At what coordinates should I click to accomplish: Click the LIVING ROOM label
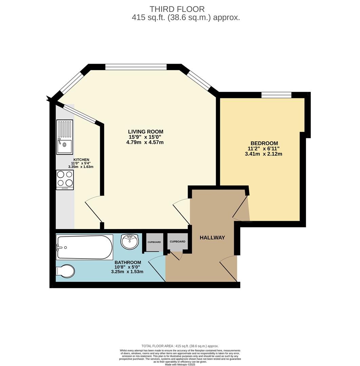coord(146,131)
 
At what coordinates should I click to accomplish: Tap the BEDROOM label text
coord(264,143)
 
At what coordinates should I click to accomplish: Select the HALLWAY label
coord(212,238)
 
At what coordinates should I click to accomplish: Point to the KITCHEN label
coord(81,160)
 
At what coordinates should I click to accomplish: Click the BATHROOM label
coord(128,262)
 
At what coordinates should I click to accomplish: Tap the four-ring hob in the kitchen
coord(65,180)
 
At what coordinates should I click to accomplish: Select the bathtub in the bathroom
coord(84,247)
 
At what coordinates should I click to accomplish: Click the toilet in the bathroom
coord(65,271)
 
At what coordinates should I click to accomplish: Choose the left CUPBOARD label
coord(154,242)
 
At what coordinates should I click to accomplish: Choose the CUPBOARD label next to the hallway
coord(177,242)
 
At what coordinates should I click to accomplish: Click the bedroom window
coord(276,95)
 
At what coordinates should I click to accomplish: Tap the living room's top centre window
coord(136,67)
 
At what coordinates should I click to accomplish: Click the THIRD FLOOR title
coord(177,9)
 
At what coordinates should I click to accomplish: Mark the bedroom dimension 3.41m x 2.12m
coord(263,154)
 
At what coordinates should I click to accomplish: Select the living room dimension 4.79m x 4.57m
coord(145,142)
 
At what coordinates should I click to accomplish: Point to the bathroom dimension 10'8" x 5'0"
coord(127,267)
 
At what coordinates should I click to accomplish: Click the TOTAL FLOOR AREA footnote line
coord(180,346)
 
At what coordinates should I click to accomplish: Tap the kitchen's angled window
coord(79,114)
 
